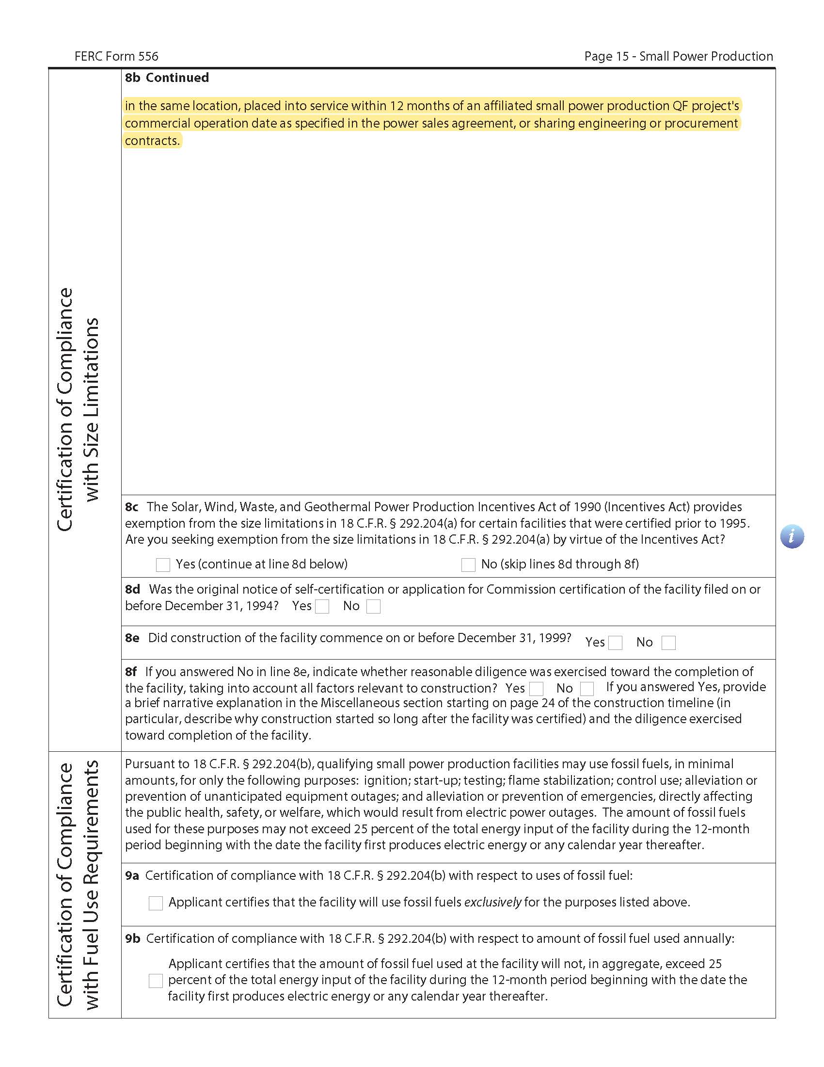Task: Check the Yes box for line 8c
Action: (x=162, y=565)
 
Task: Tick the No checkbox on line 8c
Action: (x=468, y=565)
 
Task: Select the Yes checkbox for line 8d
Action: (x=322, y=606)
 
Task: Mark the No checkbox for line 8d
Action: (x=373, y=606)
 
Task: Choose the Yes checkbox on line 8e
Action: (x=615, y=643)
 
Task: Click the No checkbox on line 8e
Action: (x=668, y=643)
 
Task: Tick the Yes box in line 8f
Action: (x=536, y=688)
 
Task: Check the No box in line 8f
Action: (x=587, y=688)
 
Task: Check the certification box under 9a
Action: (x=156, y=903)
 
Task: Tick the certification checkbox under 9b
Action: (x=156, y=981)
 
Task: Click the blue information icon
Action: (x=792, y=536)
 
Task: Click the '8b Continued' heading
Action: (x=167, y=78)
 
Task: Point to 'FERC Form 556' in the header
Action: (x=116, y=56)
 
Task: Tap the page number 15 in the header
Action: (x=622, y=56)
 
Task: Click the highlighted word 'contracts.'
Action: (x=152, y=141)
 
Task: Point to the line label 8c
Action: (x=132, y=507)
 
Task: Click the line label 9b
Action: (x=132, y=938)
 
